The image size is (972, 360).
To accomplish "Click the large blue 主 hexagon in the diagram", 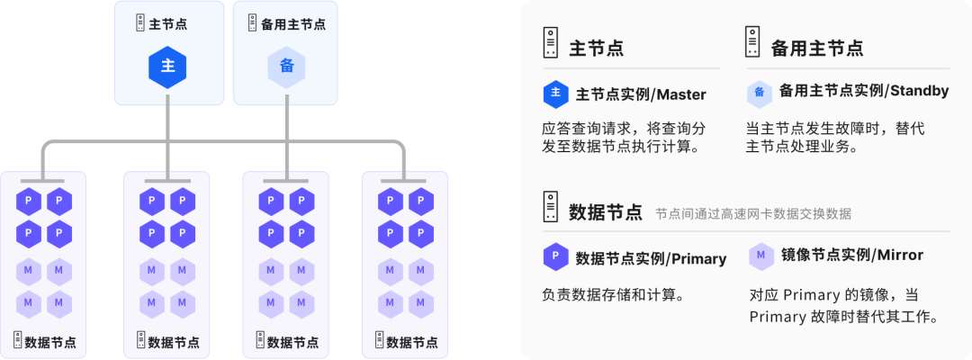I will click(167, 66).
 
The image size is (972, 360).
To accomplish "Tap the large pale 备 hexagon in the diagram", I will click(286, 66).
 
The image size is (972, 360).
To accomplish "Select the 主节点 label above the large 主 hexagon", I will click(167, 23).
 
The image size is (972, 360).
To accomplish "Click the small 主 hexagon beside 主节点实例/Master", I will click(555, 94).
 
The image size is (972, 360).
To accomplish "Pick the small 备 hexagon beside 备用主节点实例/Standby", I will click(760, 92).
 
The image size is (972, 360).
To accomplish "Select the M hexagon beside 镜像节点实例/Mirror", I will click(760, 256).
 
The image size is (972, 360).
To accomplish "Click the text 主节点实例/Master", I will click(641, 94).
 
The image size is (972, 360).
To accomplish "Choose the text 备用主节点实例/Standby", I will click(863, 91).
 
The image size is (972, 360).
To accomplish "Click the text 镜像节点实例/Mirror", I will click(851, 256).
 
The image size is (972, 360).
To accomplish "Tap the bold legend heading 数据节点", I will click(606, 212).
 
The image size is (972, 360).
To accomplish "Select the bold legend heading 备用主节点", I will click(816, 48).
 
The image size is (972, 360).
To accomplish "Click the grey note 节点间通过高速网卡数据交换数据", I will click(752, 214).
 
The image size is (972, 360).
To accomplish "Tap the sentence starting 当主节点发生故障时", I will click(836, 137).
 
